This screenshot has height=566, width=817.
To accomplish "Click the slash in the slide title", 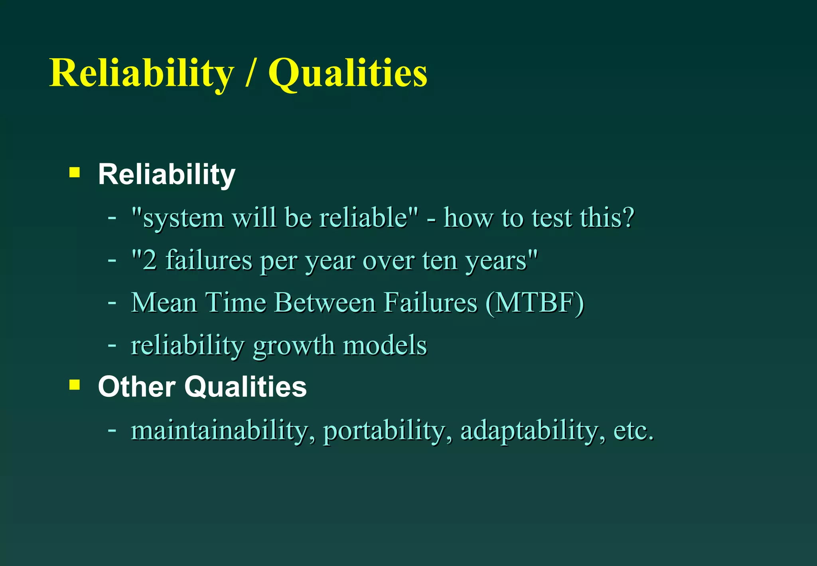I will tap(250, 73).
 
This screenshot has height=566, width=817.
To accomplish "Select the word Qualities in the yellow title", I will tap(347, 73).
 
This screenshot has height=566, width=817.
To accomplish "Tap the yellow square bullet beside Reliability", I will tap(75, 172).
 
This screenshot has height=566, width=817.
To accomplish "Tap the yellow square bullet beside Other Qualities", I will tap(75, 385).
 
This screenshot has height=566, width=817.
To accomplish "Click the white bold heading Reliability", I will tap(166, 174).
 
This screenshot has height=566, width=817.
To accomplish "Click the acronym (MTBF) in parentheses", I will tap(535, 303).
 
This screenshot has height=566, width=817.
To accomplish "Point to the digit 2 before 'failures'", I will tap(150, 260).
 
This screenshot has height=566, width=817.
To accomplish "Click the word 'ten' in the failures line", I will tap(439, 260).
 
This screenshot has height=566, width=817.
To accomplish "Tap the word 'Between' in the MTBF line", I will tap(325, 302).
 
